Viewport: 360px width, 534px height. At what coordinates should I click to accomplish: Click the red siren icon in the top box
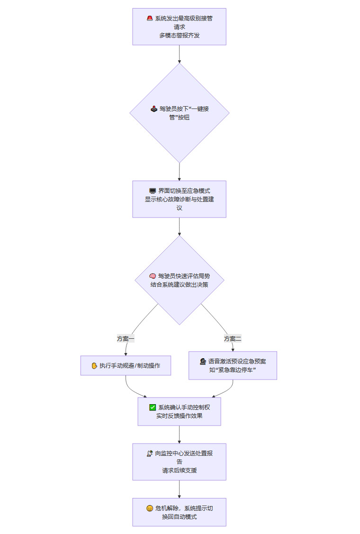coord(150,18)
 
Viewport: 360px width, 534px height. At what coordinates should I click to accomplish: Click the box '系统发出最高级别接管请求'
coord(179,27)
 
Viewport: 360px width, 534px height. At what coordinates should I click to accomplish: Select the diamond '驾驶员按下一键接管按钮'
coord(179,113)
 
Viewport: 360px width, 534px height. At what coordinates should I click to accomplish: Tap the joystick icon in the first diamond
coord(154,109)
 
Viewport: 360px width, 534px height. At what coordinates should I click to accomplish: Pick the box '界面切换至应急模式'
coord(179,199)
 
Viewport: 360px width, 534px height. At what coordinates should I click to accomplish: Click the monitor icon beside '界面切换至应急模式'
coord(153,191)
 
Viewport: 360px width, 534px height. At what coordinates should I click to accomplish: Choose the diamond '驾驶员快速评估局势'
coord(179,280)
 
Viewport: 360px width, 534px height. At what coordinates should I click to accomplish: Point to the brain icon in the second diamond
coord(153,276)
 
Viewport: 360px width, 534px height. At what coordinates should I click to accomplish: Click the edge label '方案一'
coord(126,338)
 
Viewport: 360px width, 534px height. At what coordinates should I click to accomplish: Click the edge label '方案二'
coord(233,338)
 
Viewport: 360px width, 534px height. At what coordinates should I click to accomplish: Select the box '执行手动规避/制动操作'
coord(126,365)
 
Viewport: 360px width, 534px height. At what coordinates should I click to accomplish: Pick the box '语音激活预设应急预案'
coord(233,365)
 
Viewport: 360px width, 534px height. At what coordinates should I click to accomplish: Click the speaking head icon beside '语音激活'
coord(203,361)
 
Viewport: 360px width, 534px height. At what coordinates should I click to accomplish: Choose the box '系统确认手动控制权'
coord(179,411)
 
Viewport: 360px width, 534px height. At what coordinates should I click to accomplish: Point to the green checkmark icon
coord(153,407)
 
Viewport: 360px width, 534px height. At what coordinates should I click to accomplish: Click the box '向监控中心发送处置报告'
coord(179,462)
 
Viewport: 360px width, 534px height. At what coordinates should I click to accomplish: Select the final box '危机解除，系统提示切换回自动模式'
coord(179,512)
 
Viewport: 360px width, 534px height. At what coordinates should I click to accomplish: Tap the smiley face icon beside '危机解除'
coord(150,508)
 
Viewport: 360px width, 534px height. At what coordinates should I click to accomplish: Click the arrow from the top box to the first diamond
coord(180,54)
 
